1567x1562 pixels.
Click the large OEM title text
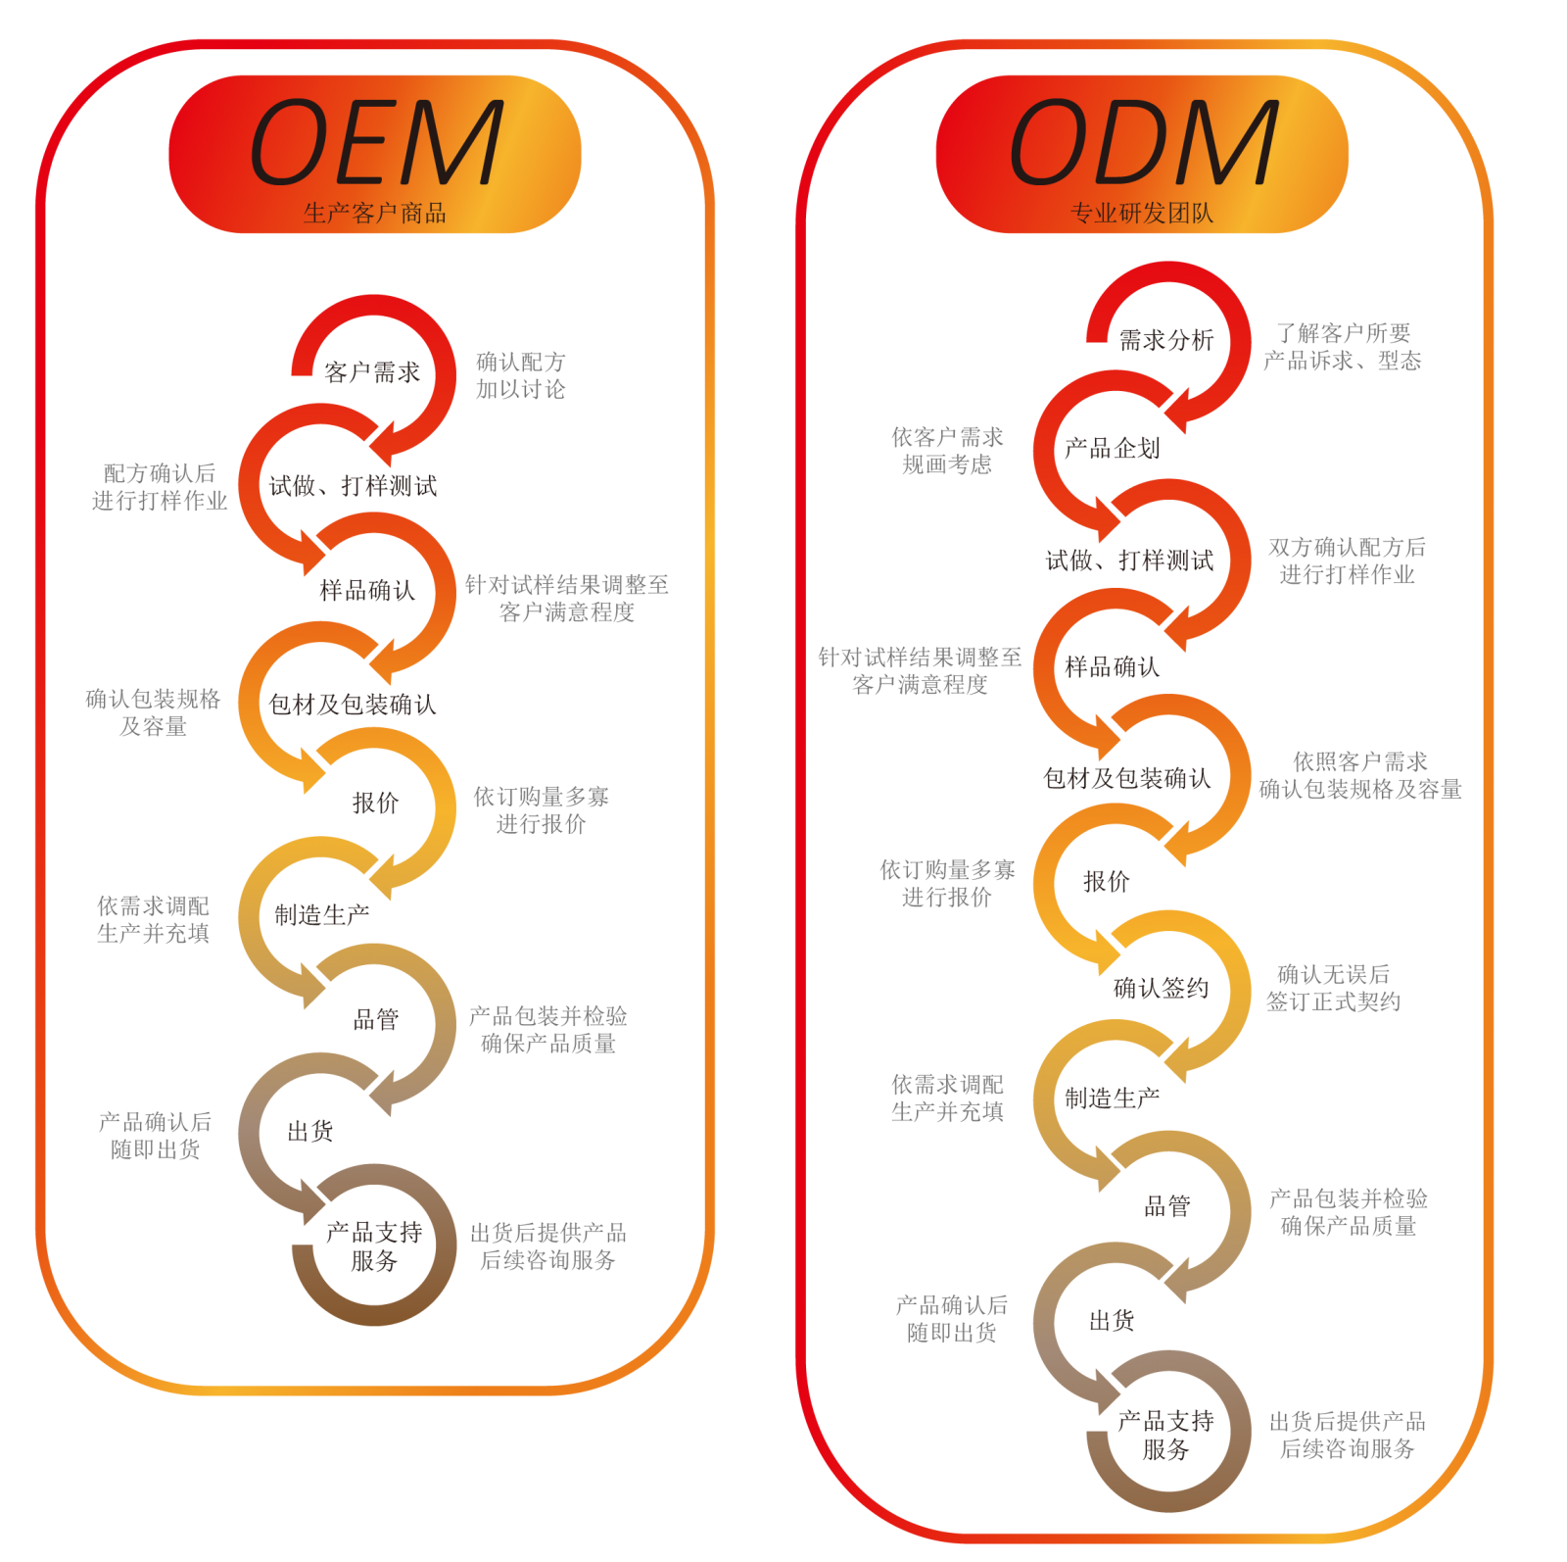pos(376,143)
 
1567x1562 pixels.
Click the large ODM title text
pos(1143,143)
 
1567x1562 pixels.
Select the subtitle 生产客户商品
pos(375,213)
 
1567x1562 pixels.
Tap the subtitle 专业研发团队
pos(1142,213)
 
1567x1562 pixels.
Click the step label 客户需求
pos(371,372)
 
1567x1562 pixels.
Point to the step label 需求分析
pos(1165,340)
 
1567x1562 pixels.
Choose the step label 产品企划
pos(1112,449)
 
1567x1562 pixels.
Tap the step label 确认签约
pos(1161,988)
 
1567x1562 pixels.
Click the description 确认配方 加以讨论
pos(521,375)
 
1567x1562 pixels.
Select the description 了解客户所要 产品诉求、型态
pos(1342,347)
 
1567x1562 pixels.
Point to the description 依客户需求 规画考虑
pos(947,450)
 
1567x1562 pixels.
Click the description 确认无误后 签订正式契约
pos(1333,988)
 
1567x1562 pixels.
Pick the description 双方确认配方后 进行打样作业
pos(1347,561)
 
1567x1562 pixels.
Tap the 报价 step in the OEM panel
pos(375,804)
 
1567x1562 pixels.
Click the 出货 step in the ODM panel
pos(1112,1321)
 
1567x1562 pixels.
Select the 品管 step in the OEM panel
pos(376,1019)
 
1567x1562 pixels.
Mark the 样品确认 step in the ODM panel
pos(1112,667)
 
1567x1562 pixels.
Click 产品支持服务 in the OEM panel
pos(374,1245)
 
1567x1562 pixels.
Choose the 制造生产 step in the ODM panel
pos(1112,1098)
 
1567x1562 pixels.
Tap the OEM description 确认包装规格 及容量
pos(153,712)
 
